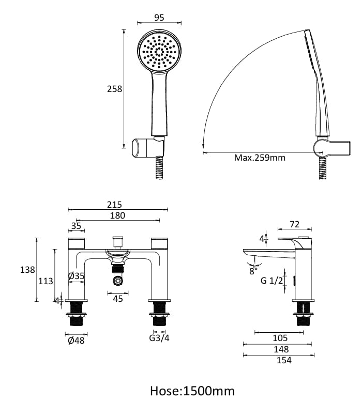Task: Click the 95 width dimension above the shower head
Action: (159, 17)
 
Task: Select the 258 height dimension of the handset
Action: (114, 89)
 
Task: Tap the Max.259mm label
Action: (260, 158)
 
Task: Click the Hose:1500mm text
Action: (192, 390)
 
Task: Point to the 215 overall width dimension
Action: (118, 205)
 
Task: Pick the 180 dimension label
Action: (118, 215)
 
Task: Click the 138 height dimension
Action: (28, 270)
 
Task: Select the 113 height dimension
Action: (46, 281)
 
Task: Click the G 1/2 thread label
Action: (271, 281)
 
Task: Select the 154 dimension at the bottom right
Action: (284, 360)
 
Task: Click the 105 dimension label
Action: (280, 338)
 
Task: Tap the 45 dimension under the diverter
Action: (118, 298)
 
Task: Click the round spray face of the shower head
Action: (160, 52)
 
